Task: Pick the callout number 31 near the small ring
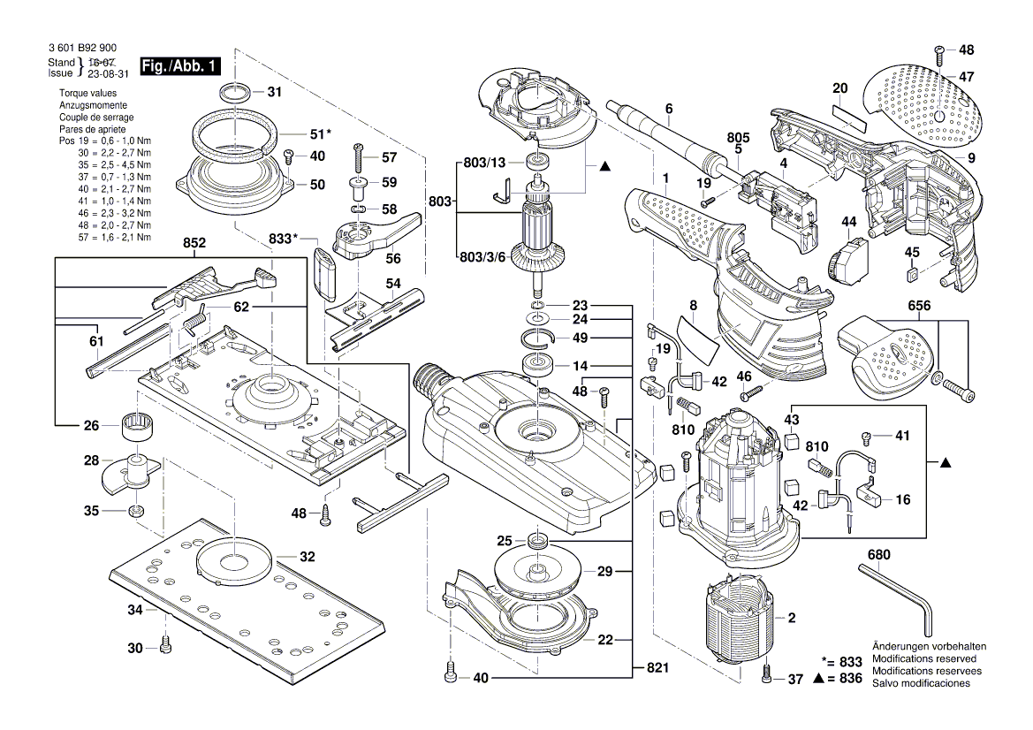pyautogui.click(x=274, y=92)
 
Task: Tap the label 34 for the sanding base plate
pyautogui.click(x=134, y=610)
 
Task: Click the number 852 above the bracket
pyautogui.click(x=195, y=243)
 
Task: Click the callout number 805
pyautogui.click(x=738, y=137)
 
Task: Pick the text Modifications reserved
pyautogui.click(x=923, y=659)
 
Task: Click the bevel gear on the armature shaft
pyautogui.click(x=542, y=261)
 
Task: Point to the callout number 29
pyautogui.click(x=604, y=572)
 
